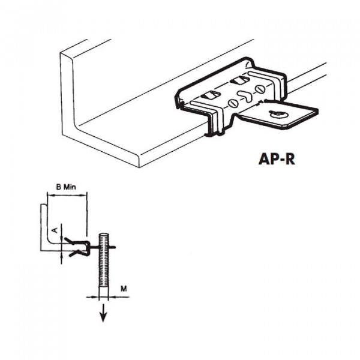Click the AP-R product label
[281, 161]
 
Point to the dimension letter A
[55, 230]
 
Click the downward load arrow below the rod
[103, 313]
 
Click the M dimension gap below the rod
[103, 296]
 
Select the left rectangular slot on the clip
[209, 95]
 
